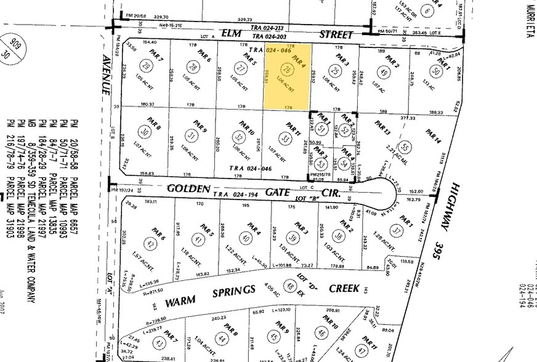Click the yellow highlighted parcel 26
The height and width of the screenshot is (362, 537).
point(288,75)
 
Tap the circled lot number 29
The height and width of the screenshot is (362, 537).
point(146,66)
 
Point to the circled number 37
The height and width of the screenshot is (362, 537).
point(398,231)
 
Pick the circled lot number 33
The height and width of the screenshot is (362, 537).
point(285,140)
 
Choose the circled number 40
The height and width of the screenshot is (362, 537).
point(246,238)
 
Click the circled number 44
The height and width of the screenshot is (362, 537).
point(222,339)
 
